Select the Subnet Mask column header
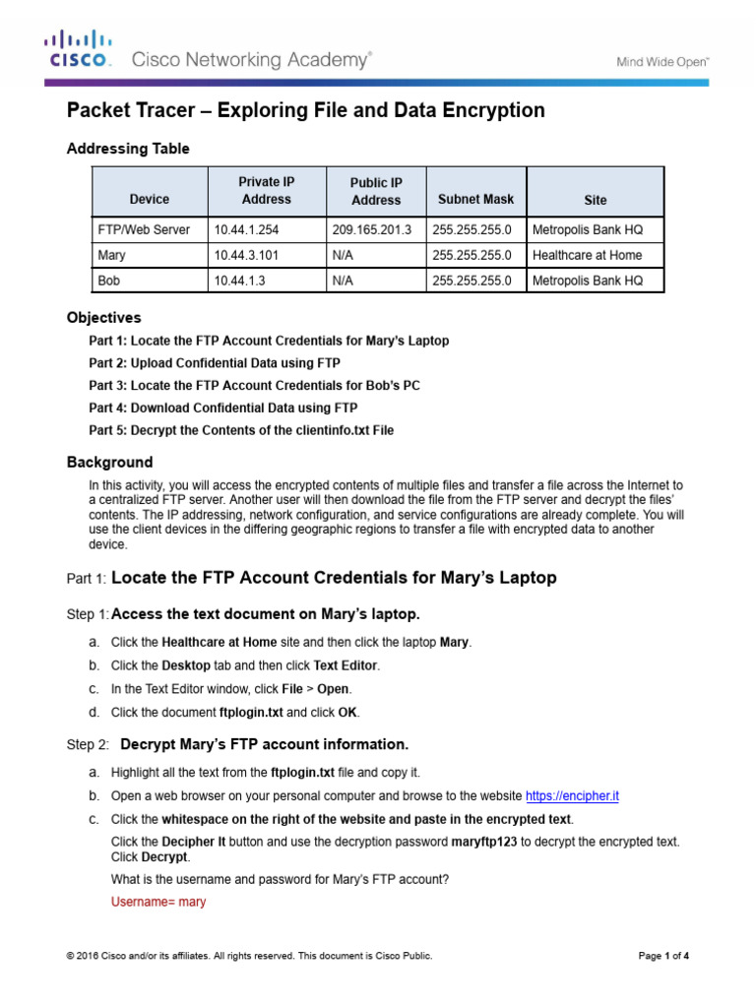475,199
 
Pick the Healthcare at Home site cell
587,255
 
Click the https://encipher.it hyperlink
572,795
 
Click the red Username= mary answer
158,901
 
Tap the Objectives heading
103,318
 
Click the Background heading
109,462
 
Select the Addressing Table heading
128,149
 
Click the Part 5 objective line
241,430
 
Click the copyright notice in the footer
249,955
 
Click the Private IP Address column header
266,190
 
